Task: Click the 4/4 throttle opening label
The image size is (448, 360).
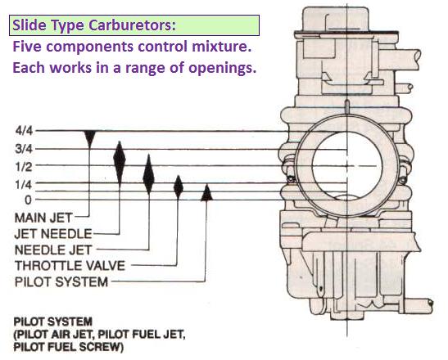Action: point(25,131)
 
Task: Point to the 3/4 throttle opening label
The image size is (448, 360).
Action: point(25,149)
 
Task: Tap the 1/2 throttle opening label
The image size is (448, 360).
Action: point(25,167)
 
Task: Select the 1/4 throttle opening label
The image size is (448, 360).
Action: point(25,185)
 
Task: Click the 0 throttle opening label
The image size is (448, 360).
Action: point(28,200)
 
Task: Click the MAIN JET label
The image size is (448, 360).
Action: point(43,218)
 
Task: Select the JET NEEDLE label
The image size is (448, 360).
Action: point(53,234)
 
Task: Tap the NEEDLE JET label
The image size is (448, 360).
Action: point(53,250)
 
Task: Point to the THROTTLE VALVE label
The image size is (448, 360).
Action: point(70,266)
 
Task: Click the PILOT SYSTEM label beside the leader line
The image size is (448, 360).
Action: point(61,282)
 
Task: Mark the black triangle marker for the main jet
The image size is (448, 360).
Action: point(90,139)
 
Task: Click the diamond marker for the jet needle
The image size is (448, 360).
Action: point(120,163)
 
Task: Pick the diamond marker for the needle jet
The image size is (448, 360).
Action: point(148,174)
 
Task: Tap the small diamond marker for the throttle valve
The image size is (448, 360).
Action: point(179,187)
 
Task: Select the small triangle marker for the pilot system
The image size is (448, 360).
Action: point(206,193)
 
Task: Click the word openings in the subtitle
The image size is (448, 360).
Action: point(222,69)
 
